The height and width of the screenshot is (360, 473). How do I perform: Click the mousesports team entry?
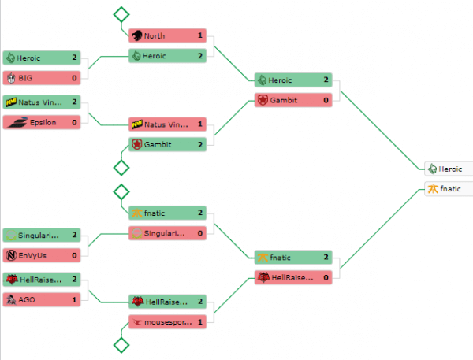(166, 321)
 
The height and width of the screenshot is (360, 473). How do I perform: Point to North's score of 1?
(200, 35)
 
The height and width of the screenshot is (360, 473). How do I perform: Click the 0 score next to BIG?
(74, 77)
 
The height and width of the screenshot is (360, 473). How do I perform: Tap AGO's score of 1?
(74, 300)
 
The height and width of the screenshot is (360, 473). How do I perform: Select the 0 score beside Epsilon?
(74, 122)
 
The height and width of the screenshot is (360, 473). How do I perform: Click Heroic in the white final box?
(450, 169)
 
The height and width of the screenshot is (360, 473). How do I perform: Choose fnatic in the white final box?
(449, 189)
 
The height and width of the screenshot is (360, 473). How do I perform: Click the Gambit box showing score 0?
(293, 100)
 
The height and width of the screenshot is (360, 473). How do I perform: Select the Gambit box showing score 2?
(167, 144)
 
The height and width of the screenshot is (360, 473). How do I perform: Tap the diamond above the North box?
(121, 14)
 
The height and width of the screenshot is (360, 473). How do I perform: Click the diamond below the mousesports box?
(121, 344)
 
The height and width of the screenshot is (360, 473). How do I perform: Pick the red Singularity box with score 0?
(167, 233)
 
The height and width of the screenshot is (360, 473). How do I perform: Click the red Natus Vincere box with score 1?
(167, 124)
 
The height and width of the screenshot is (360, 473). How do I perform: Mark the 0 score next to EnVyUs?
(74, 255)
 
